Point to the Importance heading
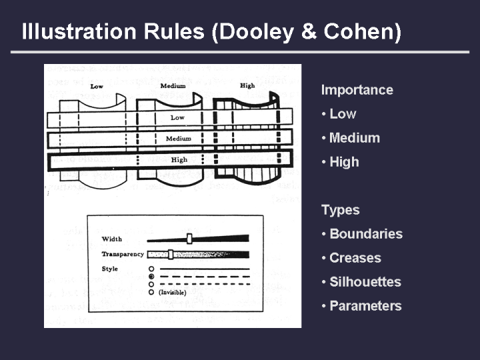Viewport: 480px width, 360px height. (357, 90)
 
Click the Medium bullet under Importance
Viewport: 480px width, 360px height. (354, 138)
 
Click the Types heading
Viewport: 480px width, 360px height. (340, 210)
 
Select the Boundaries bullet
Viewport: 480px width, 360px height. (365, 234)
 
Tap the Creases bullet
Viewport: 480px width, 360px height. (355, 258)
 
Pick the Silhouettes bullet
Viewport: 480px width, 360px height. (365, 282)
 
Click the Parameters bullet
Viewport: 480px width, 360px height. (365, 306)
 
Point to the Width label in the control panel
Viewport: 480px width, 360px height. (112, 239)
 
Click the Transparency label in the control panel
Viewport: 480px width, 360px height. (123, 254)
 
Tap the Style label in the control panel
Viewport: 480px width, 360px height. (110, 268)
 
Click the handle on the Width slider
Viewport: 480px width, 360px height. (190, 238)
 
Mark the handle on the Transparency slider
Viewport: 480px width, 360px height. (171, 254)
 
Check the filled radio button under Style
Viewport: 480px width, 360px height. (151, 276)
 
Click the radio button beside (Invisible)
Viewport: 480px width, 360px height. (151, 292)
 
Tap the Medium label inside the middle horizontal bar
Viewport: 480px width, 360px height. (178, 139)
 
